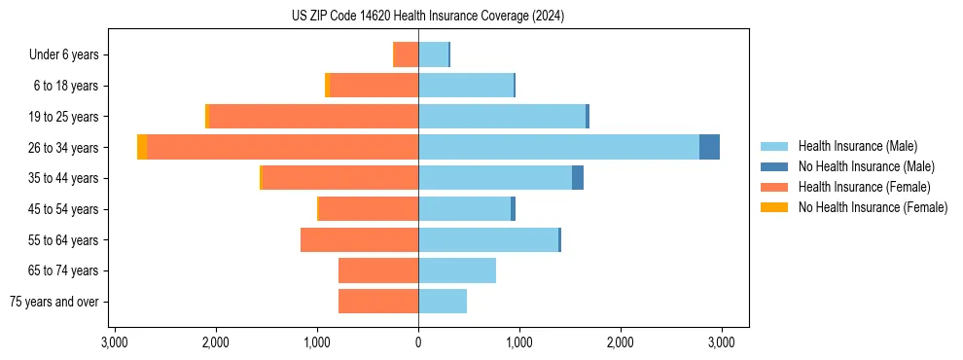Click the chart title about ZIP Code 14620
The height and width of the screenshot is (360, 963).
click(427, 17)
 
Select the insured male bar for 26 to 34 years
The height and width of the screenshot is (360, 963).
click(558, 147)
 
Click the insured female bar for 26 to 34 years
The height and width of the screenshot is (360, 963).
click(282, 147)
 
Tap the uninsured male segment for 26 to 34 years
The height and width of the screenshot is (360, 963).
click(709, 147)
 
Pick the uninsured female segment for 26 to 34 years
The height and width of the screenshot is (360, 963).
click(142, 147)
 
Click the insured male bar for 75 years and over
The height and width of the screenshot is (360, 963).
click(443, 302)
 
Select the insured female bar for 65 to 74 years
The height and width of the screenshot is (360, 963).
click(378, 270)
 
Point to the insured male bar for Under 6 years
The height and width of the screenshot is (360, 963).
click(433, 54)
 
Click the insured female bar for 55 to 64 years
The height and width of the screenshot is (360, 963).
click(359, 239)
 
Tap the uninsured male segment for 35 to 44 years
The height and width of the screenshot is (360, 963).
click(578, 178)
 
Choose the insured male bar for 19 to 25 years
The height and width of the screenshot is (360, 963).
click(502, 117)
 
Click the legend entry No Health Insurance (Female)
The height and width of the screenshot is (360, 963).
click(873, 207)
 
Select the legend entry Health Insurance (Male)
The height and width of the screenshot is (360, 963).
click(857, 146)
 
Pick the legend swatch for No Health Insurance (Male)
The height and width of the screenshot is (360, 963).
click(774, 166)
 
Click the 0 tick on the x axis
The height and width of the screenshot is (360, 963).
click(418, 342)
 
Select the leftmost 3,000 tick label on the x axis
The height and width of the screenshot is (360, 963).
click(115, 342)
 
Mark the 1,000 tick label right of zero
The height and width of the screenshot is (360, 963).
click(518, 342)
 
